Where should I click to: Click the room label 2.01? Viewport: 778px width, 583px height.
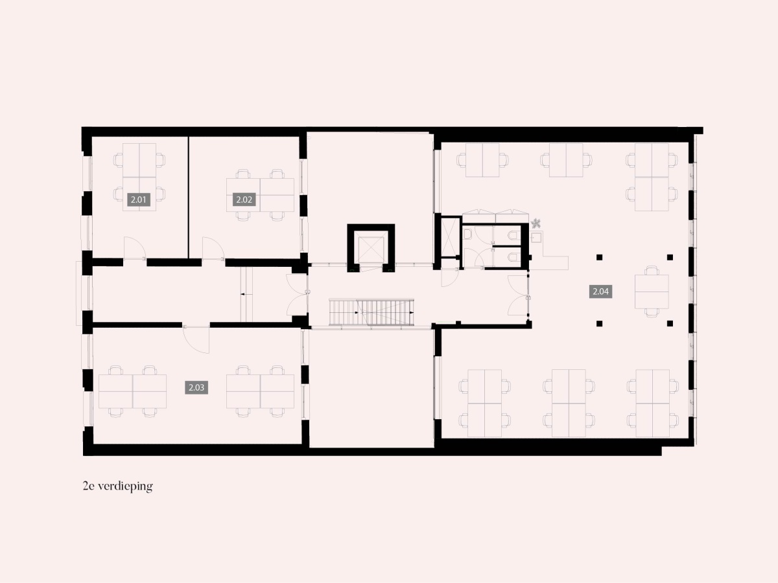[138, 200]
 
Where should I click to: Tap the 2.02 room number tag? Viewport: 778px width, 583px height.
[244, 200]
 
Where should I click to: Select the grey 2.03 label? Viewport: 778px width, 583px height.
[196, 387]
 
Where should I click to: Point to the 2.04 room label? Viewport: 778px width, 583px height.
[601, 291]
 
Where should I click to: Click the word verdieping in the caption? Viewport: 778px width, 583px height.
[126, 486]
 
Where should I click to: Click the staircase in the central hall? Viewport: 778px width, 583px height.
[371, 312]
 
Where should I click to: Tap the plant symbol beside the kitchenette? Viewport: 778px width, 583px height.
[536, 223]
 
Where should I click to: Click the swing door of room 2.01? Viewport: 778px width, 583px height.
[134, 249]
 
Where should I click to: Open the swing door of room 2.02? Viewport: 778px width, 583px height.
[213, 249]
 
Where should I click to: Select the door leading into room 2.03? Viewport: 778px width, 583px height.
[196, 339]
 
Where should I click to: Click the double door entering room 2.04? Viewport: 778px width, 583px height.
[518, 295]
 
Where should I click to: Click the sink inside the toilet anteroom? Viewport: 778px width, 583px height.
[467, 234]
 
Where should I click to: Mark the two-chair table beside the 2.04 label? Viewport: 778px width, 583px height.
[652, 291]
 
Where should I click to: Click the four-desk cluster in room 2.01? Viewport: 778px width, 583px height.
[139, 177]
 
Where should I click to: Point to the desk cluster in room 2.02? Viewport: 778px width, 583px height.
[260, 195]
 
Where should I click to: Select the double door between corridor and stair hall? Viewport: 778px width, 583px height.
[297, 295]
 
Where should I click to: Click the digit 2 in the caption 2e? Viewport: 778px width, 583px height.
[86, 486]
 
